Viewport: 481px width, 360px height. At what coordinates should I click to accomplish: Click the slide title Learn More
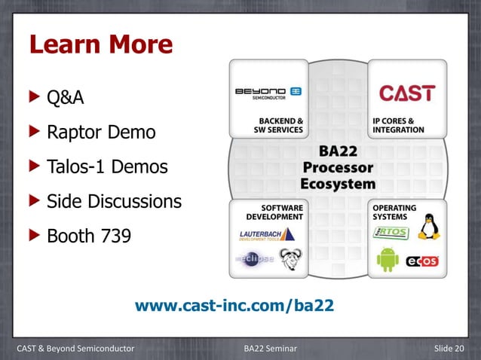click(100, 46)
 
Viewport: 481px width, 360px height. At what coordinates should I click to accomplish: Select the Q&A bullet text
click(65, 98)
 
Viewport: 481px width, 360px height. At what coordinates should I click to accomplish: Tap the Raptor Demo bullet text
click(101, 133)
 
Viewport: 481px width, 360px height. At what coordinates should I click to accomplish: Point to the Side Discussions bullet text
click(114, 202)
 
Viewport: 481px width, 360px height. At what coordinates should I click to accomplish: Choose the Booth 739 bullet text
click(88, 236)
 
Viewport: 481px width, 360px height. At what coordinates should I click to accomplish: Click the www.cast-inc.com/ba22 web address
click(234, 307)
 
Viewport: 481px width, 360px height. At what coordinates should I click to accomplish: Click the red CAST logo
click(406, 93)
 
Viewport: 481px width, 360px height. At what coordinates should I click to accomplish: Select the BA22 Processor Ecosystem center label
click(338, 166)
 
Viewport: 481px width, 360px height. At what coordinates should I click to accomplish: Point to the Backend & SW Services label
click(277, 125)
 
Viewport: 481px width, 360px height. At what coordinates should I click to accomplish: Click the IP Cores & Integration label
click(398, 125)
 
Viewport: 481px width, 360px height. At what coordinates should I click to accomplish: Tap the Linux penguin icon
click(429, 226)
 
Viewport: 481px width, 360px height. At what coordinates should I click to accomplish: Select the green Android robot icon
click(388, 258)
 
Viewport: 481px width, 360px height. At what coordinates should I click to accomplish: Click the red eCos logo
click(422, 261)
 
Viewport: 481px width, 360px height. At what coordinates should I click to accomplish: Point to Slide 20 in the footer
click(450, 347)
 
